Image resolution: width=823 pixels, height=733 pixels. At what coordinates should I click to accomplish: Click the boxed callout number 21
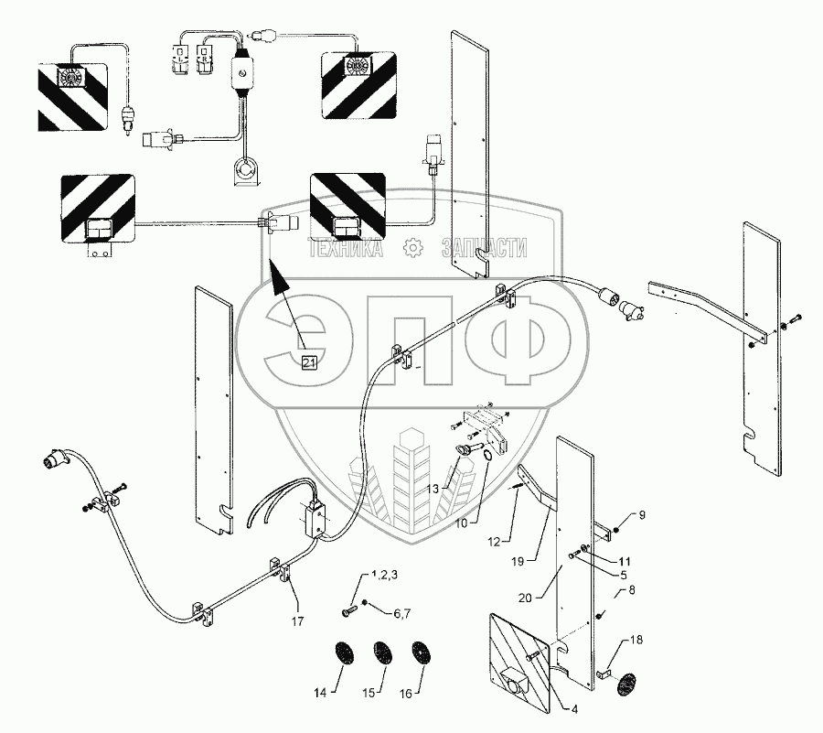click(x=310, y=363)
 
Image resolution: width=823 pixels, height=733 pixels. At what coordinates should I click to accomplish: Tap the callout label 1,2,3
click(x=385, y=576)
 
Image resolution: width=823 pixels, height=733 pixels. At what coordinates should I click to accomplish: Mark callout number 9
click(x=641, y=515)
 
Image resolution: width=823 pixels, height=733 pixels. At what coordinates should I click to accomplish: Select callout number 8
click(x=630, y=592)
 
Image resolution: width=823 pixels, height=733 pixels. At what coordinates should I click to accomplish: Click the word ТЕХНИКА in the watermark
click(x=347, y=247)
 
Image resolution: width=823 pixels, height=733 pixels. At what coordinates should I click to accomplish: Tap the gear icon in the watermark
click(x=412, y=246)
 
